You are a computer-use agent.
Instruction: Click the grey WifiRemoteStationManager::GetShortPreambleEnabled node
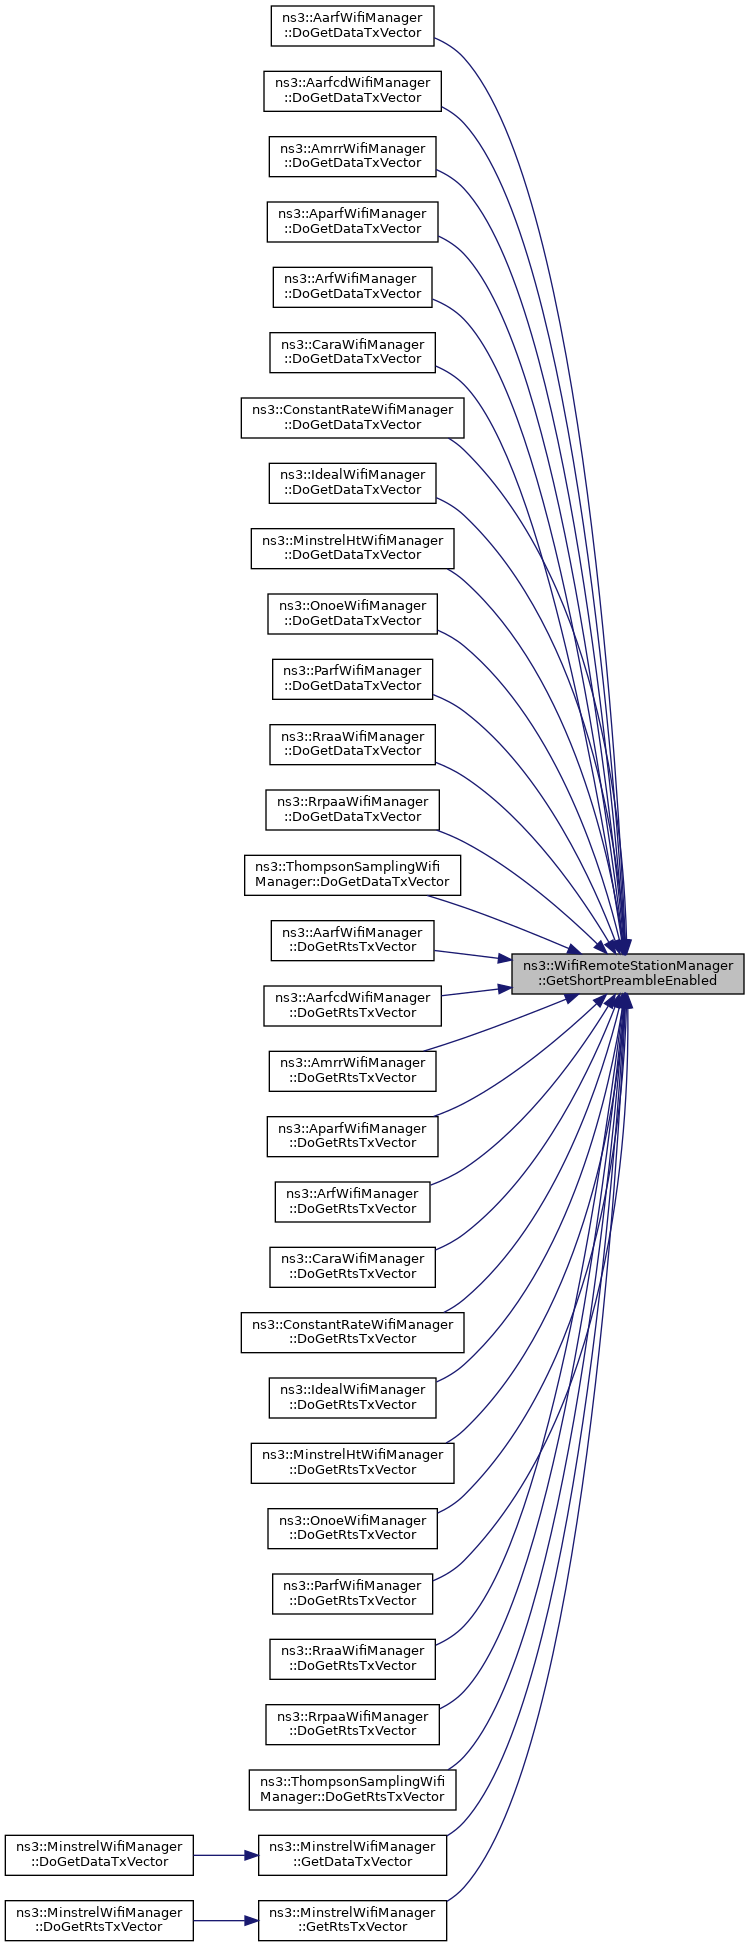628,973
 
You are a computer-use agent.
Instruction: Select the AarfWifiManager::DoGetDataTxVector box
352,25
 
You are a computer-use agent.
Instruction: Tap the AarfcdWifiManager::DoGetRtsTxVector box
352,1005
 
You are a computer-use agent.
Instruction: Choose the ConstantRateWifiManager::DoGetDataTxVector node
352,417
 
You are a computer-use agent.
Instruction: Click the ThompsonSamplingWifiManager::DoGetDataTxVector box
352,875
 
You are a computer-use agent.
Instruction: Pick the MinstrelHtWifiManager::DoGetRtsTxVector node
352,1462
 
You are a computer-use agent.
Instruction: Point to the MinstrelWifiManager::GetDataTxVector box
352,1854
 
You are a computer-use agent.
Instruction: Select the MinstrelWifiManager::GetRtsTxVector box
352,1920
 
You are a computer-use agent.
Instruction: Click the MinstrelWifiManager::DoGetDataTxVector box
99,1854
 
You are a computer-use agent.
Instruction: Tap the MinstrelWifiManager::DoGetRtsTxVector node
99,1920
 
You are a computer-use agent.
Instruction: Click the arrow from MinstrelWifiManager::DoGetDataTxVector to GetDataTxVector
226,1855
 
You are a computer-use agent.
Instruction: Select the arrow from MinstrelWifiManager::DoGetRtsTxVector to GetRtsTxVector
226,1920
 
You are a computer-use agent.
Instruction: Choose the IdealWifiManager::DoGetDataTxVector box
352,482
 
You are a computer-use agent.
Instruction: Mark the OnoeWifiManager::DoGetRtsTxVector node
352,1527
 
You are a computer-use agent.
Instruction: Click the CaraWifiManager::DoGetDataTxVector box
352,352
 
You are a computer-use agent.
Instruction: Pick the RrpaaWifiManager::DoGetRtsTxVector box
352,1723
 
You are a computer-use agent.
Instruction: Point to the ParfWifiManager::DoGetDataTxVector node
352,678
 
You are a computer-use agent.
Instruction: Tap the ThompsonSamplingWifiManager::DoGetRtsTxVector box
352,1789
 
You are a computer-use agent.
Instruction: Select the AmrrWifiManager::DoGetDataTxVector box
352,156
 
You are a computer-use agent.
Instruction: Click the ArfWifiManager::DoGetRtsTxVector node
352,1201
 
